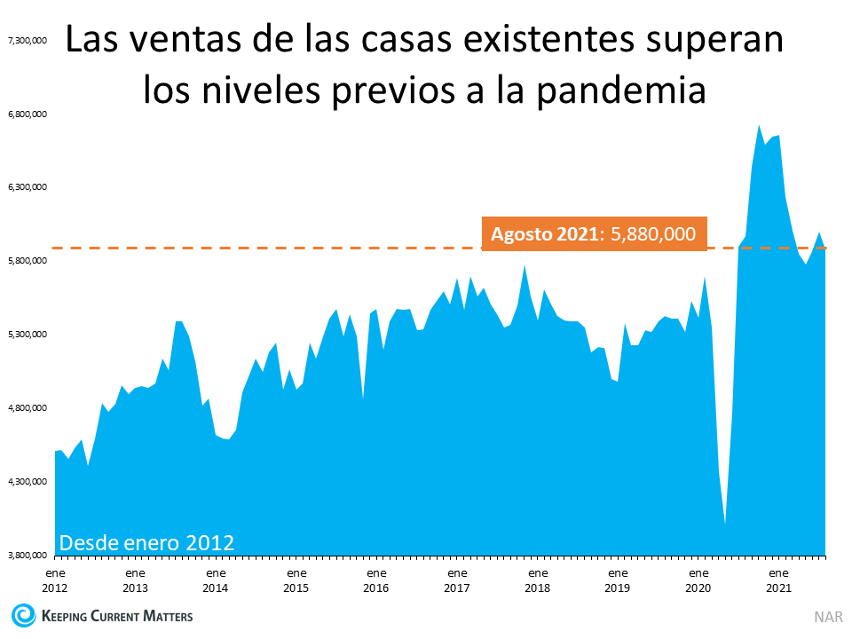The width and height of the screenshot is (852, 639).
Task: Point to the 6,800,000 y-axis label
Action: pyautogui.click(x=27, y=114)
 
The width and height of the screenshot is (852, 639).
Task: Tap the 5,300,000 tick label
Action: pyautogui.click(x=27, y=335)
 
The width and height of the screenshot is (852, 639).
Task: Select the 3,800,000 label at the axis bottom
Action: pyautogui.click(x=27, y=556)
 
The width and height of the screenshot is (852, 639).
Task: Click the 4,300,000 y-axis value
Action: pyautogui.click(x=27, y=482)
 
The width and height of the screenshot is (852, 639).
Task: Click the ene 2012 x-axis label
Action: pyautogui.click(x=55, y=580)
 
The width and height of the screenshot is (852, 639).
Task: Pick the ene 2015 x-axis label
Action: pyautogui.click(x=296, y=580)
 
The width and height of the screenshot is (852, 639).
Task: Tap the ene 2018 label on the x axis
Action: pyautogui.click(x=537, y=580)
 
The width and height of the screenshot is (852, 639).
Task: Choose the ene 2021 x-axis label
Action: pyautogui.click(x=778, y=580)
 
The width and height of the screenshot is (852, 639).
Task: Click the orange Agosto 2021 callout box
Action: pyautogui.click(x=594, y=233)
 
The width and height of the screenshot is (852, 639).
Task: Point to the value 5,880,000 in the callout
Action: pyautogui.click(x=652, y=233)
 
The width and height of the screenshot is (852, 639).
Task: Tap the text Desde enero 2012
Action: pyautogui.click(x=146, y=541)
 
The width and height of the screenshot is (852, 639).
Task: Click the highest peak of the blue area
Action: pyautogui.click(x=759, y=126)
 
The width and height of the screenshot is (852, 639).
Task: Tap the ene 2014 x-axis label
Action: pyautogui.click(x=216, y=580)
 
